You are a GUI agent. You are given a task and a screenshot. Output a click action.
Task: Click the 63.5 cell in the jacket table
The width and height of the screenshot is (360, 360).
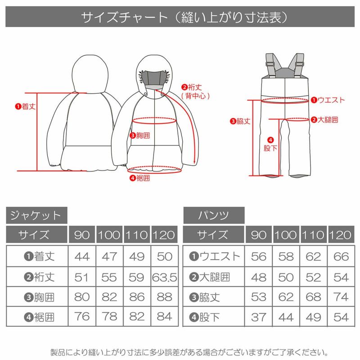pos(165,277)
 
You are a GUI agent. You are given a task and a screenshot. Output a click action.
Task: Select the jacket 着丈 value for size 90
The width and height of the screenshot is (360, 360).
pos(81,256)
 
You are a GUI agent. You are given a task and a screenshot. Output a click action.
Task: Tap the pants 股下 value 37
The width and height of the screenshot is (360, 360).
pos(259,317)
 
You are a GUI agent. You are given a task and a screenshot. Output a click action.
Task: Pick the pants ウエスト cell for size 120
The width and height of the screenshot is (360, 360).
pos(342,256)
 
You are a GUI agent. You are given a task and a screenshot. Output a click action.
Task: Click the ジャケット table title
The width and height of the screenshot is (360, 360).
pos(36,215)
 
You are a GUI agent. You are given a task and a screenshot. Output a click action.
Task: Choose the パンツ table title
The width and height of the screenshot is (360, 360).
pos(214,215)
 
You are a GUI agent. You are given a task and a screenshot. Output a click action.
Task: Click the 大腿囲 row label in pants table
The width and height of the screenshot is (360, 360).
pos(214,277)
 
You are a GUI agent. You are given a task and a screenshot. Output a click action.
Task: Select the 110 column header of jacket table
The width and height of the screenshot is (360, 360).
pos(137,235)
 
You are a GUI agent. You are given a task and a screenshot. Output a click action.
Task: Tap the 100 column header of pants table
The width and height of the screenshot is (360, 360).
pos(286,235)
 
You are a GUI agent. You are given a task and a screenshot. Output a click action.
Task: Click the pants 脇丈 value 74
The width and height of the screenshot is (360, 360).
pos(342,297)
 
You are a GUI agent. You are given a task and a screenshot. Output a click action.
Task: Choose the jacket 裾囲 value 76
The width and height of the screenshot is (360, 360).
pos(81,317)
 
